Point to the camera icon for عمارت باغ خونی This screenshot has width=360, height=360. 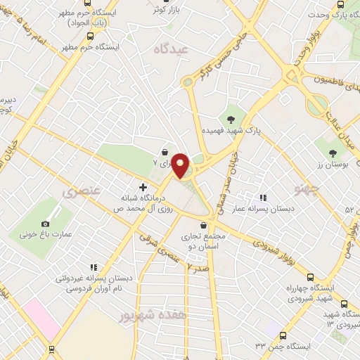click(x=35, y=224)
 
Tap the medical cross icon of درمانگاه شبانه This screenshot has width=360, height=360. click(x=143, y=188)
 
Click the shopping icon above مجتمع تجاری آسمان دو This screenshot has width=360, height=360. click(x=204, y=225)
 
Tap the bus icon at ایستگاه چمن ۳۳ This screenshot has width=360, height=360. click(x=283, y=336)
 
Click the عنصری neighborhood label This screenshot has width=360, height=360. click(x=82, y=191)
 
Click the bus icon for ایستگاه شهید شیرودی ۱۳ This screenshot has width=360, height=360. click(x=344, y=304)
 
